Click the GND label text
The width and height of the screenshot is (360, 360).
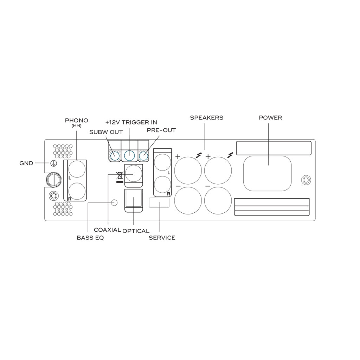coord(26,163)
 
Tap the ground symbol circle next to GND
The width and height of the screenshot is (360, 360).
coord(53,163)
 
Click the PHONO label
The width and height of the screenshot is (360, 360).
coord(76,121)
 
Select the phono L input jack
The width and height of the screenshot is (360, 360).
coord(77,169)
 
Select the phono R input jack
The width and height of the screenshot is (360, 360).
coord(77,191)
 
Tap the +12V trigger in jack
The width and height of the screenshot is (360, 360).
coord(129,156)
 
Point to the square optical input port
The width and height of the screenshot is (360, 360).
coord(133,199)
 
